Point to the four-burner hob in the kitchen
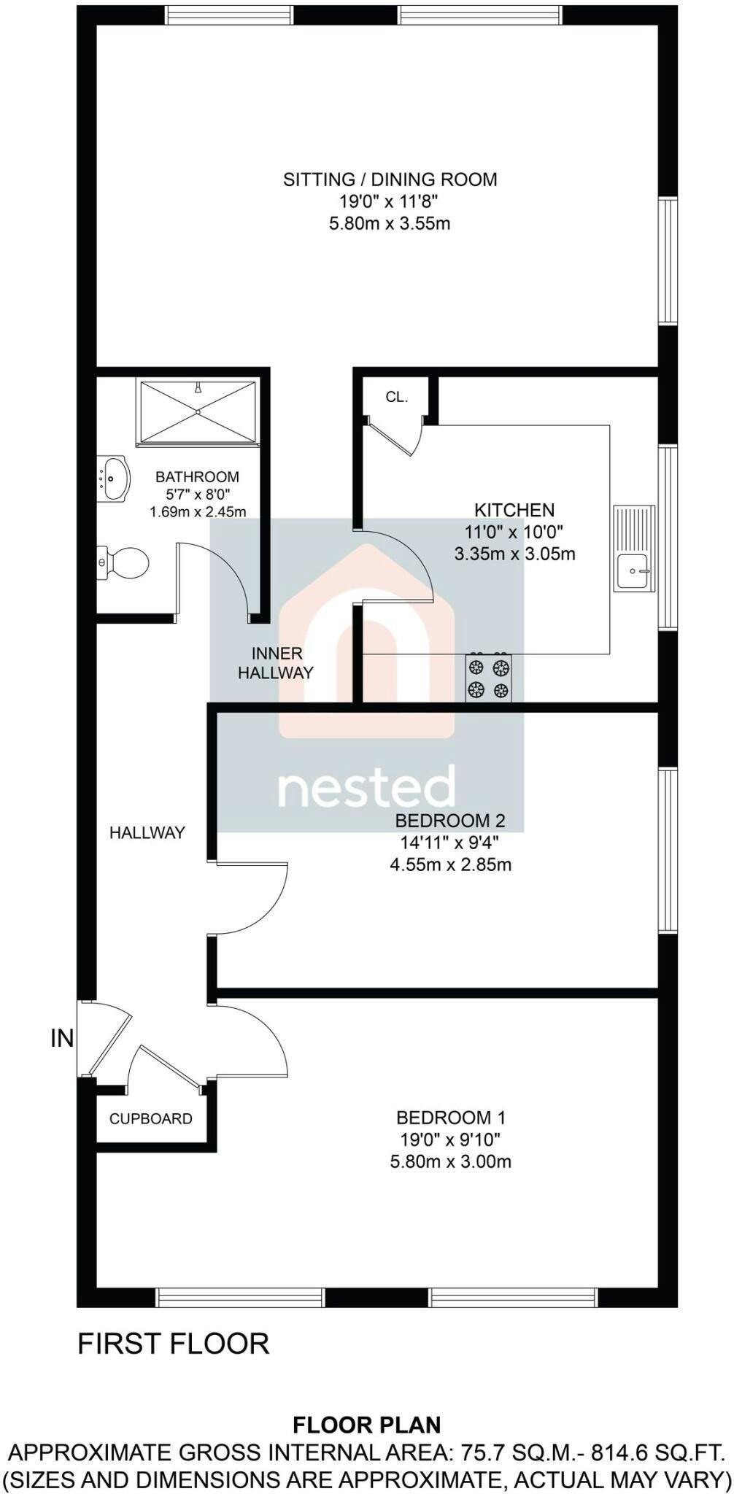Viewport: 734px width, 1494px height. coord(488,678)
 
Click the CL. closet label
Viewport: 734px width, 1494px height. coord(397,398)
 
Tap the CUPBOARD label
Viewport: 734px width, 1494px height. coord(151,1119)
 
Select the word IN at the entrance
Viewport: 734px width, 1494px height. coord(63,1038)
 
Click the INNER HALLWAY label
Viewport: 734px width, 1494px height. coord(276,663)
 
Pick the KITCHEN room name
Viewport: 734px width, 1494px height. coord(514,510)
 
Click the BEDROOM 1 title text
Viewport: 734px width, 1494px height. coord(451,1117)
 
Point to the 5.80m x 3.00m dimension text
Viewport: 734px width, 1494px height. coord(451,1161)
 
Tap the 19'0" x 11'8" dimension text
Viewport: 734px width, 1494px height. coord(390,201)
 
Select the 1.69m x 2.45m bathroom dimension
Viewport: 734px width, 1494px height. coord(198,512)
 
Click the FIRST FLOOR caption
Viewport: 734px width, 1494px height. coord(174,1344)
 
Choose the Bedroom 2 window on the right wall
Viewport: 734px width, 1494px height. coord(668,849)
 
